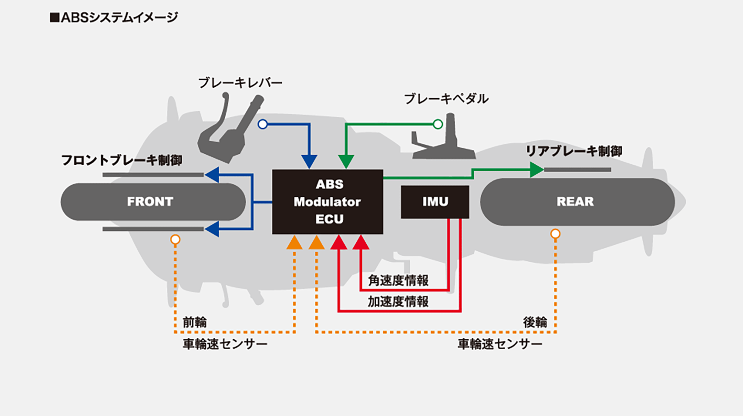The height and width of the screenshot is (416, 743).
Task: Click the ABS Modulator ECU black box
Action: pos(327,202)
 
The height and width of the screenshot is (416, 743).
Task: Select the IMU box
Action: pos(435,202)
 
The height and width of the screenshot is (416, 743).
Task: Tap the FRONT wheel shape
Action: pos(153,202)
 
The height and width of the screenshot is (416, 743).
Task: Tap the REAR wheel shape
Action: pos(577,202)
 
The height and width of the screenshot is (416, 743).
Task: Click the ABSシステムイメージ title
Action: pos(114,17)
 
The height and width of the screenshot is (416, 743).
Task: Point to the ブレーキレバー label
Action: pos(240,83)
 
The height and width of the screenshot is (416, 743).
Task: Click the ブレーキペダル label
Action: pos(446,99)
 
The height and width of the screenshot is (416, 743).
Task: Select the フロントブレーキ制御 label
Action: pos(122,160)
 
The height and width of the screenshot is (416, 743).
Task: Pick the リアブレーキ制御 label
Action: pos(574,151)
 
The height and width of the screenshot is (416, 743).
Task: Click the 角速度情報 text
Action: pos(398,281)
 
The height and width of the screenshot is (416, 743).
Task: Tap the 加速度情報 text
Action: pos(398,302)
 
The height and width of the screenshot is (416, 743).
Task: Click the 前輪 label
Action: pos(195,322)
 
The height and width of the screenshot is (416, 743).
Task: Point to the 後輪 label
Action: pos(535,322)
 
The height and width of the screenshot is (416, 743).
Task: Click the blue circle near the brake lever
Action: pos(263,124)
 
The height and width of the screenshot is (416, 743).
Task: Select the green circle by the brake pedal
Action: pos(438,124)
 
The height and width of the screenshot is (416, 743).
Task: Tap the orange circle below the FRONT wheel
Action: pos(175,239)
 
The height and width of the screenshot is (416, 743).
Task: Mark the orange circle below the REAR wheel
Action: pos(555,234)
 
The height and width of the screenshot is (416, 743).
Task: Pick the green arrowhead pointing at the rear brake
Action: pos(536,169)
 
